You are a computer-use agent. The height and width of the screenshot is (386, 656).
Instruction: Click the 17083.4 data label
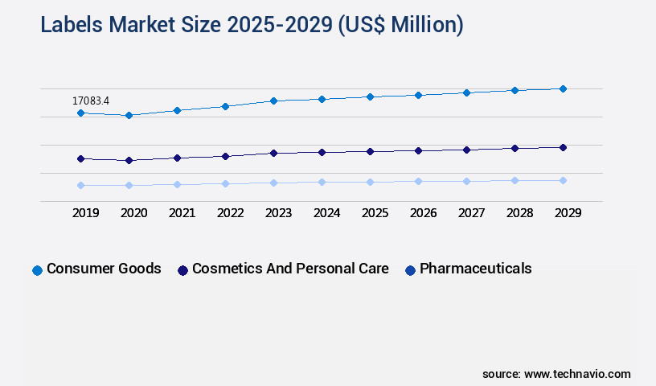click(x=91, y=101)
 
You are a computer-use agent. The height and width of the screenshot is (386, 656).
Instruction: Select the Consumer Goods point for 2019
click(x=80, y=113)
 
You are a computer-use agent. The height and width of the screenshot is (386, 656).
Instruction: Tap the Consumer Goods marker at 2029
click(x=563, y=88)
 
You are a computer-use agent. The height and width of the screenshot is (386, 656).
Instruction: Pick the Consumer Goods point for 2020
click(x=129, y=116)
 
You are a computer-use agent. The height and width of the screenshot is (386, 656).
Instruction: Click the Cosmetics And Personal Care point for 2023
click(x=273, y=153)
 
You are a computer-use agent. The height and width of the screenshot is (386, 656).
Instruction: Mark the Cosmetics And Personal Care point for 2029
click(x=563, y=147)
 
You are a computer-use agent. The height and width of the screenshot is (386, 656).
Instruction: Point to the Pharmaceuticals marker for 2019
click(x=80, y=185)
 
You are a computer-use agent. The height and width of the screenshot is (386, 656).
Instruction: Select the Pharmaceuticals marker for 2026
click(x=418, y=181)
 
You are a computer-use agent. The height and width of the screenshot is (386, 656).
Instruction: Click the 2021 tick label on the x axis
click(x=182, y=213)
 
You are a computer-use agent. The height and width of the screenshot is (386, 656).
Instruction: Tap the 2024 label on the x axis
click(x=326, y=213)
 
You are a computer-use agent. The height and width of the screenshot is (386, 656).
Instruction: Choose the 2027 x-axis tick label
click(x=471, y=213)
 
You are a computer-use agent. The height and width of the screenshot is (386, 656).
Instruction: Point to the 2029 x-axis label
click(x=568, y=213)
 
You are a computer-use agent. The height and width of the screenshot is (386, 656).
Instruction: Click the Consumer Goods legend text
click(x=104, y=269)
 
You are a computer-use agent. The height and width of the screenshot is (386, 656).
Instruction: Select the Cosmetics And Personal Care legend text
click(x=290, y=269)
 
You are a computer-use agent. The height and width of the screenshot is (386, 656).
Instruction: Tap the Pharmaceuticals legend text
click(x=475, y=269)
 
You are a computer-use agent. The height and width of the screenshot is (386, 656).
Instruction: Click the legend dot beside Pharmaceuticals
click(x=411, y=270)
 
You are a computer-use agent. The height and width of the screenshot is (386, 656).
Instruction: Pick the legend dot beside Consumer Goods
click(x=37, y=270)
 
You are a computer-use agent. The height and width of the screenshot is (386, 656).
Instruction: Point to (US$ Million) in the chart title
click(x=400, y=25)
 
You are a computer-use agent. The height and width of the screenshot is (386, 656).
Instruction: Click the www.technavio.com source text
click(x=577, y=374)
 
